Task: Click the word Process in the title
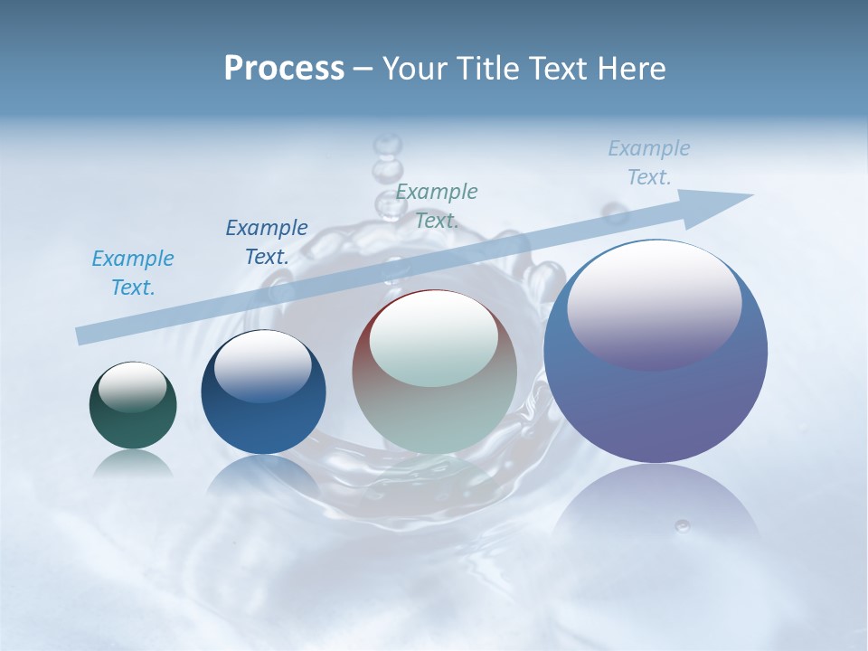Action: (x=284, y=69)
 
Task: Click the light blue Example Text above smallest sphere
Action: (x=133, y=273)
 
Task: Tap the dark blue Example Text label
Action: (x=267, y=242)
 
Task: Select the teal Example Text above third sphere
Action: (x=437, y=206)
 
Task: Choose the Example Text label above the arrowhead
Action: (x=649, y=163)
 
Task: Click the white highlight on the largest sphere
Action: (x=654, y=303)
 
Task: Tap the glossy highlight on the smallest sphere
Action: (x=132, y=387)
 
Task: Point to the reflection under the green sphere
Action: (x=133, y=463)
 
